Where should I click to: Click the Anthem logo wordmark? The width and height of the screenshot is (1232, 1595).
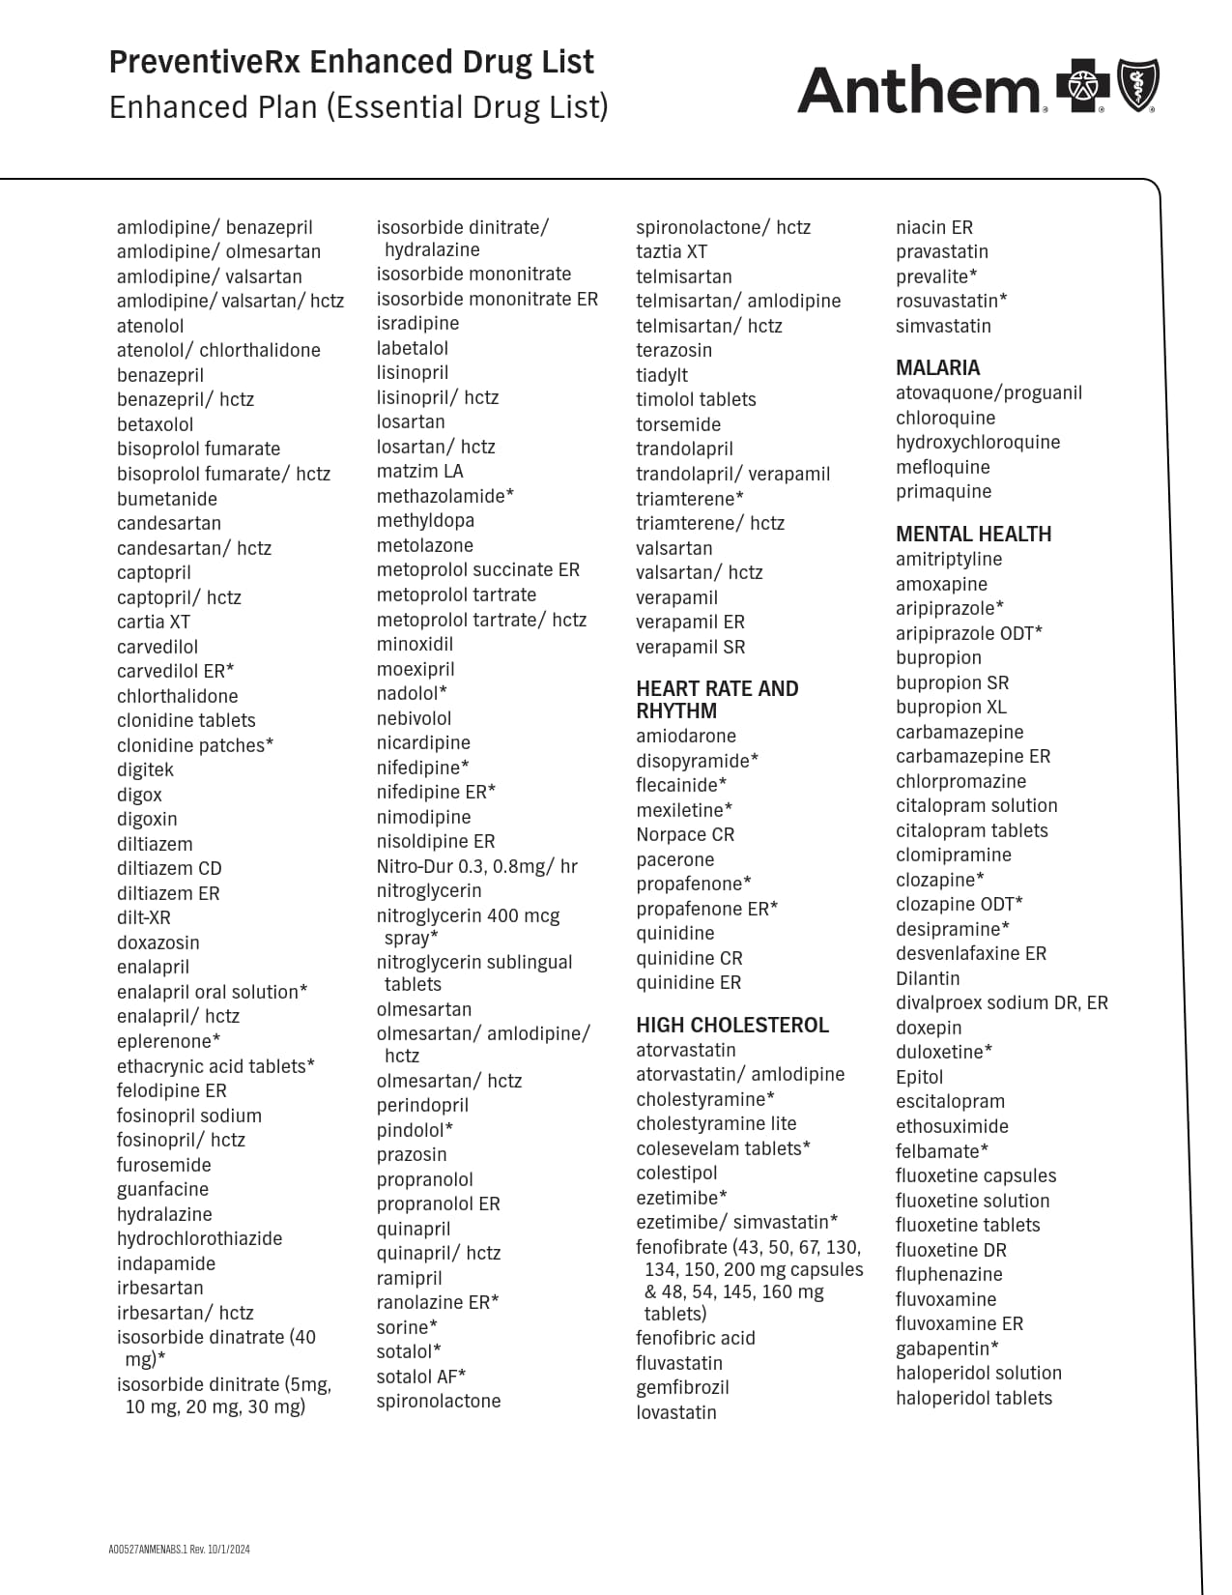pos(918,91)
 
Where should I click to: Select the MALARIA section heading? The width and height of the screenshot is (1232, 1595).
pos(936,368)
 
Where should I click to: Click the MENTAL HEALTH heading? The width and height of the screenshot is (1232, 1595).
pos(972,535)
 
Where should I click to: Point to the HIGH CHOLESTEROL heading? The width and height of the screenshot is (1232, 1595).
pos(731,1026)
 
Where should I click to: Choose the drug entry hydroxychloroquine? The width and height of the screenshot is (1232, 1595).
pos(977,443)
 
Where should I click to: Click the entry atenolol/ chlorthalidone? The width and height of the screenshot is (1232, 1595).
pos(218,351)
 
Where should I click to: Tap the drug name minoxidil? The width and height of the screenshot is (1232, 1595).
pos(414,645)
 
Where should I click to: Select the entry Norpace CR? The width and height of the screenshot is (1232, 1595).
pos(684,835)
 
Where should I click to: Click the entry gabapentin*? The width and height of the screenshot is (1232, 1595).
pos(946,1348)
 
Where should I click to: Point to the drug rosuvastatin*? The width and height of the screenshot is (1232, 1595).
pos(951,301)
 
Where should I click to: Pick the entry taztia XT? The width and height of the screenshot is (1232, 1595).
pos(671,252)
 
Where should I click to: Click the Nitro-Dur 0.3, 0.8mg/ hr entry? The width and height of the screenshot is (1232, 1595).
pos(476,867)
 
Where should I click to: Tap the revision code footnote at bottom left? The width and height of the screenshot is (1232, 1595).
pos(179,1550)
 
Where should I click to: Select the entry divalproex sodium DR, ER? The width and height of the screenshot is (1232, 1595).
pos(1001,1003)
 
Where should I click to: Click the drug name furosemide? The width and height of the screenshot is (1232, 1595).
pos(163,1165)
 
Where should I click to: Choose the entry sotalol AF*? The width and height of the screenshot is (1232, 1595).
pos(420,1377)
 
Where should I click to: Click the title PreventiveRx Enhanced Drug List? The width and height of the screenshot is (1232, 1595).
pos(351,63)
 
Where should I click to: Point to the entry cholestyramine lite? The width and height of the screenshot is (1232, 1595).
pos(716,1124)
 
